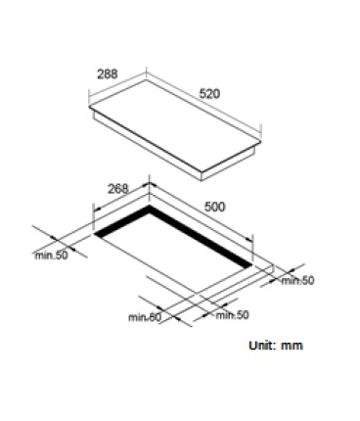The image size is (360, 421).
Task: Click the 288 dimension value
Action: (108, 74)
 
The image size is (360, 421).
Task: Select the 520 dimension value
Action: (209, 94)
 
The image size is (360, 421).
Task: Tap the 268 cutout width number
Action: (118, 189)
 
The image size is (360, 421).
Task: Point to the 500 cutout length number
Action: (214, 207)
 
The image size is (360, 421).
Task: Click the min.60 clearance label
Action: (145, 317)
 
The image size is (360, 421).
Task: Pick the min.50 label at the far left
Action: (52, 256)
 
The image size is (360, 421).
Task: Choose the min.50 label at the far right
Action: (297, 281)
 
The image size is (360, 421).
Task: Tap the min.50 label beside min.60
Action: (232, 315)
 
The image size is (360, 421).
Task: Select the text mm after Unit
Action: (292, 347)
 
